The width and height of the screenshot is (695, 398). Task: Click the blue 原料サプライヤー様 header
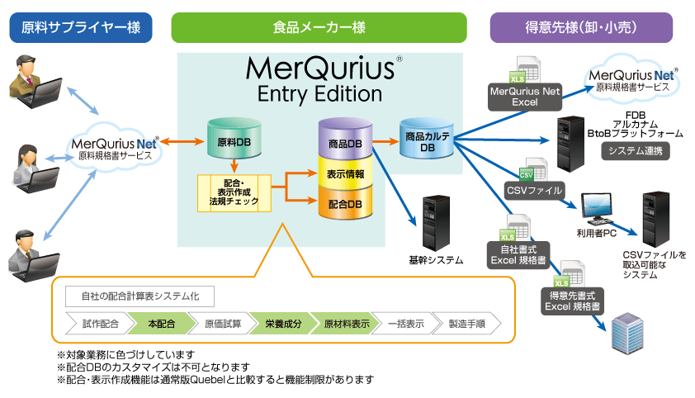[x=80, y=28]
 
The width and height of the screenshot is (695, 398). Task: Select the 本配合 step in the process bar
[x=163, y=325]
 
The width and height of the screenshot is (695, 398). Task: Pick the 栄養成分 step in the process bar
[x=283, y=325]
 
